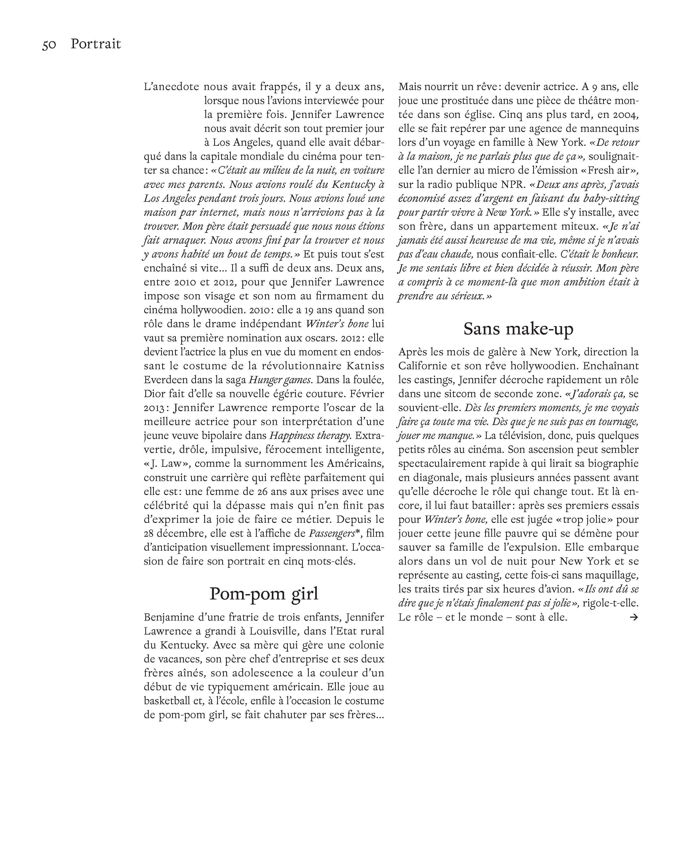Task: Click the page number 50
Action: (x=49, y=44)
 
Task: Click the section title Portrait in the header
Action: (x=95, y=44)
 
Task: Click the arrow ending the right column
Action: (x=634, y=617)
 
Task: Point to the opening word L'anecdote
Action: (x=172, y=87)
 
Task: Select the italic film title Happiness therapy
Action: (x=310, y=436)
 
